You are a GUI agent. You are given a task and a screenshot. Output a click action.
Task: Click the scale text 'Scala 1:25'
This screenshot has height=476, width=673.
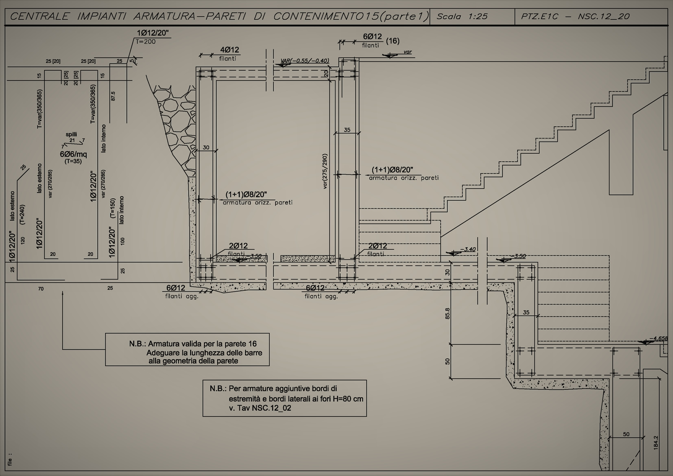pos(462,16)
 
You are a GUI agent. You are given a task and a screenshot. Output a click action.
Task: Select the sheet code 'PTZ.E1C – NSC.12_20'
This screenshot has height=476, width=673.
pos(575,16)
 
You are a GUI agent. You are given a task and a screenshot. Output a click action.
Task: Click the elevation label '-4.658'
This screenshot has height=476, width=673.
pos(658,338)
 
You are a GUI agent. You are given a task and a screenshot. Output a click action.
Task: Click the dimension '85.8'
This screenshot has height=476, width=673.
pos(447,314)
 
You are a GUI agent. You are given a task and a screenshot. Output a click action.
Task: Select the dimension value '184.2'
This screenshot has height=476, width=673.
pos(656,443)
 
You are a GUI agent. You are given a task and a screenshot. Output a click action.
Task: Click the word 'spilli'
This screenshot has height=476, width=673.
pos(71,134)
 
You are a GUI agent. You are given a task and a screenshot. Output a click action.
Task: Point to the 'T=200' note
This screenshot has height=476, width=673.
pos(146,42)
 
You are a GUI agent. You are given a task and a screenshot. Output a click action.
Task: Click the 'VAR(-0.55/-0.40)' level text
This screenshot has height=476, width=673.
pos(305,61)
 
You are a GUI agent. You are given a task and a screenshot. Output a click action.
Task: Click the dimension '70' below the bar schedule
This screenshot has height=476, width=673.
pos(41,289)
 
